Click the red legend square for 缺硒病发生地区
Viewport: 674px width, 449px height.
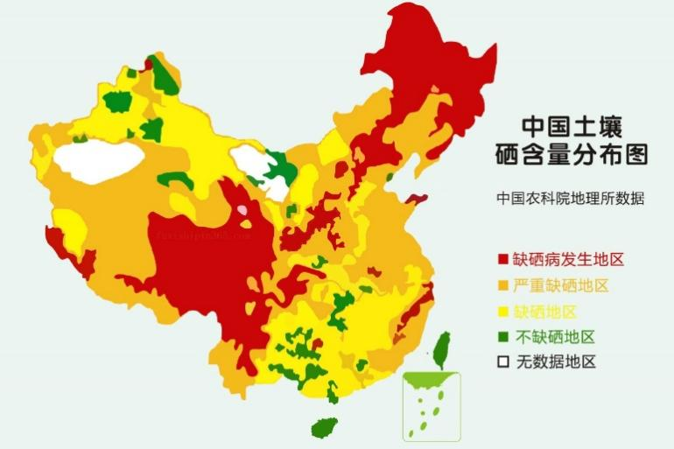(x=503, y=260)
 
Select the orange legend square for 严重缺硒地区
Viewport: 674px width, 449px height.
(x=503, y=286)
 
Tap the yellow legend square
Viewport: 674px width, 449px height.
(x=503, y=312)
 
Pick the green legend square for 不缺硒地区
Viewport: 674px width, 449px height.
(x=503, y=337)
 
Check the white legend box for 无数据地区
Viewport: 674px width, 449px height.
(x=503, y=362)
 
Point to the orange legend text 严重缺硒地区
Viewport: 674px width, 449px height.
(x=560, y=286)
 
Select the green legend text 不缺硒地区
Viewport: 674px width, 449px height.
(x=554, y=337)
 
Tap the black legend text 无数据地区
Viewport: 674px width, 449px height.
(x=554, y=362)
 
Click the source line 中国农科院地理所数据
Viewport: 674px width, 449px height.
(x=570, y=198)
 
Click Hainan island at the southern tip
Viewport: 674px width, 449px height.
(x=325, y=428)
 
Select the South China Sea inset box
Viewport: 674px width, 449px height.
(x=431, y=406)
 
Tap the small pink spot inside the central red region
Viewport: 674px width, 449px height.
(x=242, y=211)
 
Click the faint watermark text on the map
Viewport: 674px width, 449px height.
(x=200, y=235)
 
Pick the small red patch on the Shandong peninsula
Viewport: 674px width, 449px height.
(x=416, y=200)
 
